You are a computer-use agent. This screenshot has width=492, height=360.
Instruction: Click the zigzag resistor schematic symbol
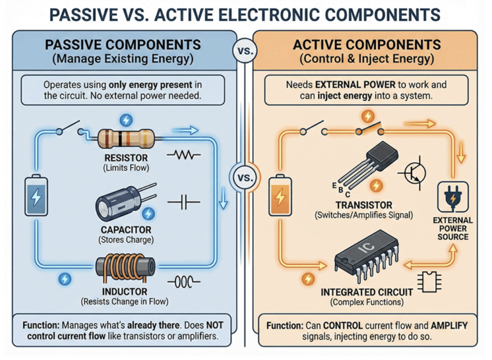point(183,155)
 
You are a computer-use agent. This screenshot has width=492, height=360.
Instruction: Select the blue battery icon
point(37,196)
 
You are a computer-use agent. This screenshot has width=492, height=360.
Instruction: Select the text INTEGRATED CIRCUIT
point(367,292)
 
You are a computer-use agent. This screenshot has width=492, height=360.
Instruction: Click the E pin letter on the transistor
point(333,185)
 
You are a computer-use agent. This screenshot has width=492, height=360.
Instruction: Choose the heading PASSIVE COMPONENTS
point(123,46)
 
